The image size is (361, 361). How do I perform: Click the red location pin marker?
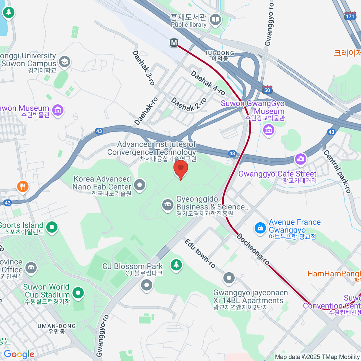point(181,169)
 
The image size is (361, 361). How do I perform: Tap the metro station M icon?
point(174,43)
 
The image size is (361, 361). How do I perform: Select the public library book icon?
point(215,20)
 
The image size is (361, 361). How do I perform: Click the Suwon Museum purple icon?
point(58,110)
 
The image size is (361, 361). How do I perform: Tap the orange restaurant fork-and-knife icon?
point(23,187)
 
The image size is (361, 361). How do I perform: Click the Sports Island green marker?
point(52,227)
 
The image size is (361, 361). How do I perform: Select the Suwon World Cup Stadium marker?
point(78,292)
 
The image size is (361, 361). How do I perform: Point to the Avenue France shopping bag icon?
point(260,228)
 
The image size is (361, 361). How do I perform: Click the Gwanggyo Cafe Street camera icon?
point(300,159)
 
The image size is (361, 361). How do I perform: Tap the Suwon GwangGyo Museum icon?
point(268,130)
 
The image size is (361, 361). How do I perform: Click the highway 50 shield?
point(267,90)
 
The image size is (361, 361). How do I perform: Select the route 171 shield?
point(350,16)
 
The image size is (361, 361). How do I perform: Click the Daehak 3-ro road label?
point(143,68)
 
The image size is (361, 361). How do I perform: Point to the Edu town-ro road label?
point(200,253)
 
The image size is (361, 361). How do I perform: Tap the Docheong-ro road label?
point(253,249)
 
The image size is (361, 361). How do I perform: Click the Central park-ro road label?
point(337,171)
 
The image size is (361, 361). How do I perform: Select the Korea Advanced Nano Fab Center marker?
point(140,185)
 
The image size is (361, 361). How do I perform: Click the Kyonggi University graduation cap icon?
point(64,62)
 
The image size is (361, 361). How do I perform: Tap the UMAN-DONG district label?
point(57,326)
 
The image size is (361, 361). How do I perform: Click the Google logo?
point(19,354)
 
